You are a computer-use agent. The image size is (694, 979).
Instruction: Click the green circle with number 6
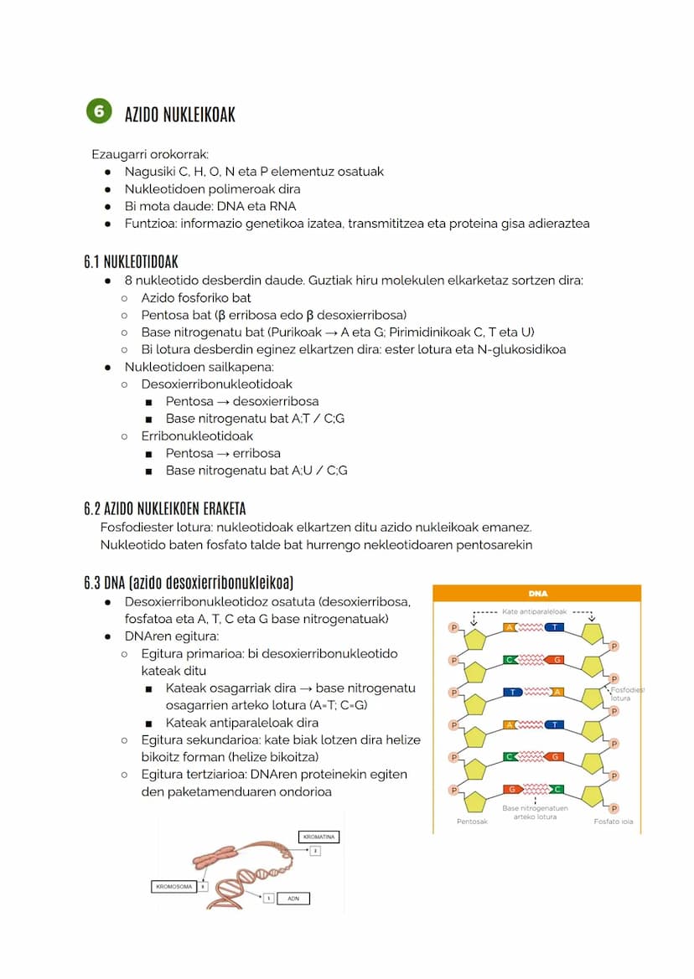pos(99,111)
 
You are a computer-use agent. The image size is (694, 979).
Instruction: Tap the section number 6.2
pos(91,508)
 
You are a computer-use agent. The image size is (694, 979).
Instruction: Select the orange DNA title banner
pos(536,593)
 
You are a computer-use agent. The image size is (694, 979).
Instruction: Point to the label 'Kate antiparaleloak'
pos(534,611)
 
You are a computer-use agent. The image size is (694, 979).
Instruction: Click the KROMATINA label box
pos(319,837)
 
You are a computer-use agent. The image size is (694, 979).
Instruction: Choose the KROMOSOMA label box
pos(173,886)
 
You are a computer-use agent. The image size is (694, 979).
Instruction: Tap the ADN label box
pos(293,898)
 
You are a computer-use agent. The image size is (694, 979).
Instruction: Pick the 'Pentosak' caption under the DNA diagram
pos(472,822)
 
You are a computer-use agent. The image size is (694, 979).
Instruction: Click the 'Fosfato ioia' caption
pos(613,822)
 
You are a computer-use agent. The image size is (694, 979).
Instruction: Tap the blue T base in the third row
pos(514,692)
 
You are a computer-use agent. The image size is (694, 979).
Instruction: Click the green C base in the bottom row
pos(557,789)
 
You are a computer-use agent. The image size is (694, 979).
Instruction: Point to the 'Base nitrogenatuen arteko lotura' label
pos(535,812)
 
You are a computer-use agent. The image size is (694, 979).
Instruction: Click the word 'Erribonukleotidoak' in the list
pos(197,435)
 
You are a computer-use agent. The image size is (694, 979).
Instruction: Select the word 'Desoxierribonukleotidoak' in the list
pos(216,384)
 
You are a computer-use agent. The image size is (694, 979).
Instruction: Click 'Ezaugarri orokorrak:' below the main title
pos(150,154)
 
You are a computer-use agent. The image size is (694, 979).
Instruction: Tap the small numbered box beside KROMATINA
pos(315,851)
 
